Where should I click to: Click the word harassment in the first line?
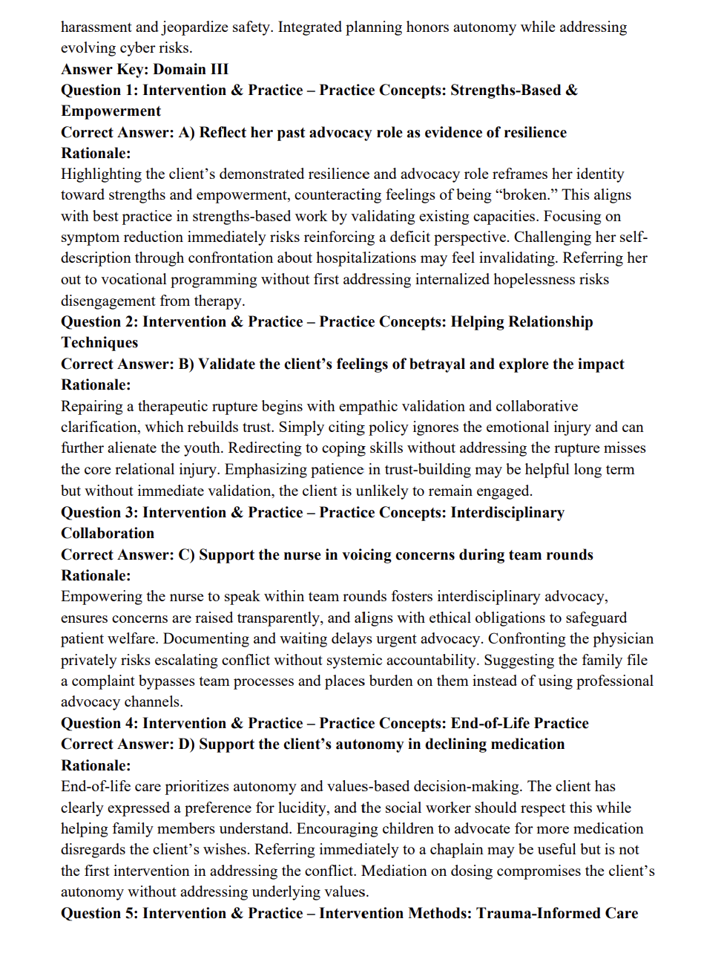point(96,27)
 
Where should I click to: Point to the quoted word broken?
point(527,195)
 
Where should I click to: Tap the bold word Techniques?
point(99,343)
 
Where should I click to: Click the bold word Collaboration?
point(108,534)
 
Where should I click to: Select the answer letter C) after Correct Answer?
point(186,555)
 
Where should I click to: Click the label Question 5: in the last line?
point(99,914)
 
